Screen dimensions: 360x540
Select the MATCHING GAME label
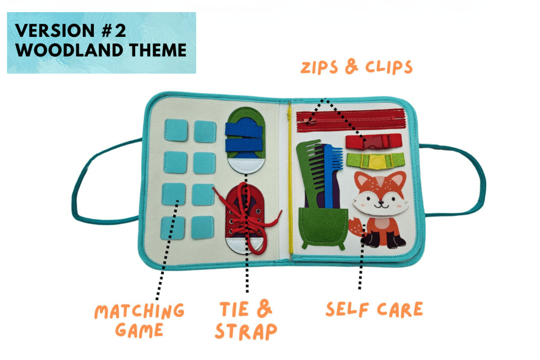coord(139,320)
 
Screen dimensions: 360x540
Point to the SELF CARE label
coord(373,309)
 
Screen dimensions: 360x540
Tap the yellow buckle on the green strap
coord(375,161)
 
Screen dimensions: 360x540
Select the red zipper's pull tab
coord(308,121)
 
